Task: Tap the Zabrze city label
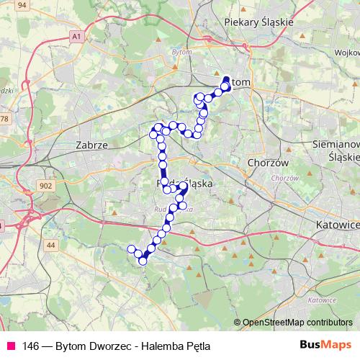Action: click(91, 145)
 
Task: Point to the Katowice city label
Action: click(338, 225)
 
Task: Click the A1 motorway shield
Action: click(77, 35)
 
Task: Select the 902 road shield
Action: click(46, 186)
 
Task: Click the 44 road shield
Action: click(50, 246)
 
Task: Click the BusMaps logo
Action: click(320, 345)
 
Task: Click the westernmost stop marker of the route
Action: click(131, 249)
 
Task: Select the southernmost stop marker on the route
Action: click(143, 261)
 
